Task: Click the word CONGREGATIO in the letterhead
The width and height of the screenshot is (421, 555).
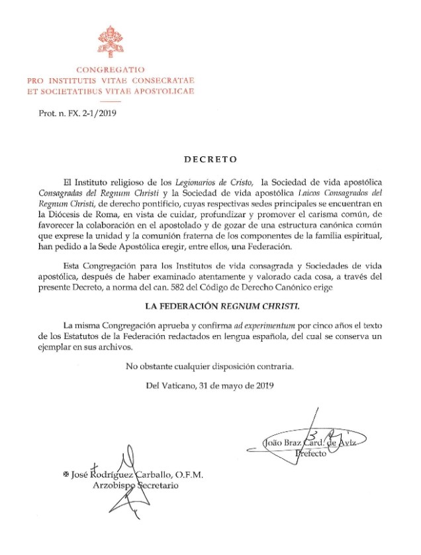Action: (110, 70)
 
